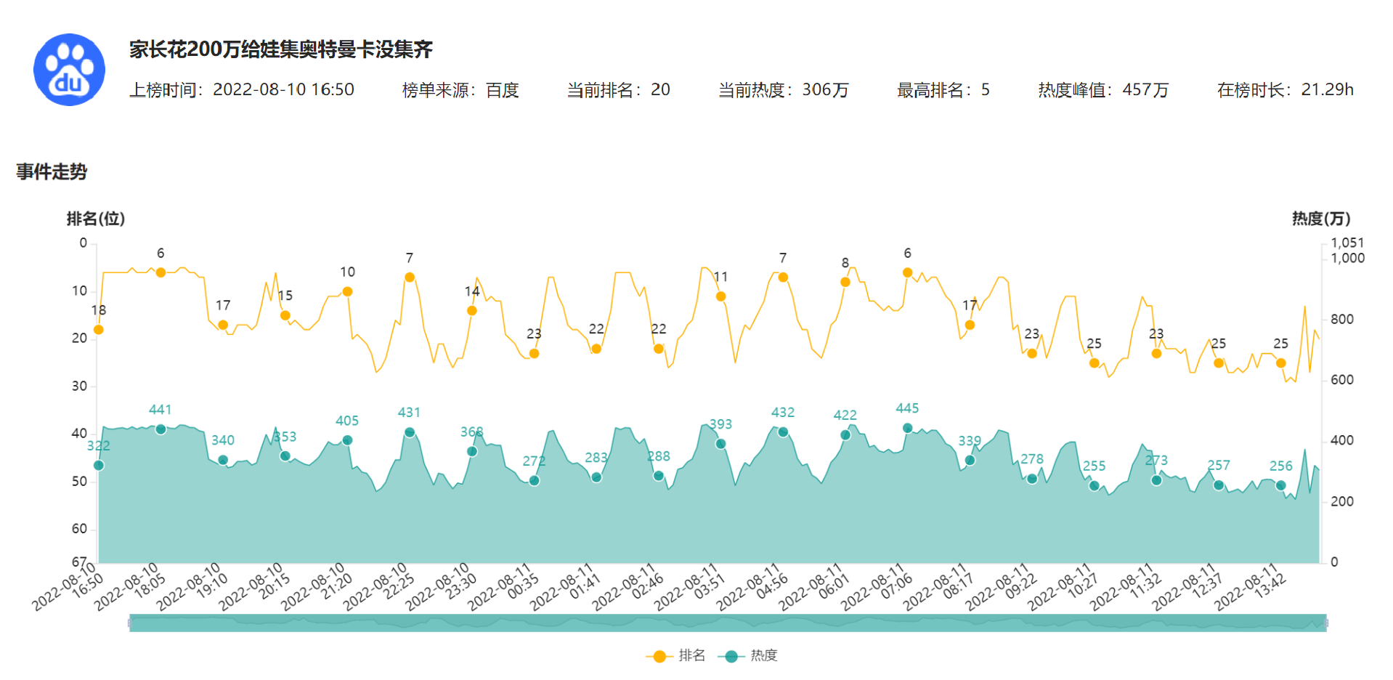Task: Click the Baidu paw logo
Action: [x=69, y=70]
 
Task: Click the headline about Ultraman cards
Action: [x=281, y=49]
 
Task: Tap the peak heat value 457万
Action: [x=1145, y=90]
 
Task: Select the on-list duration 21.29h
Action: [x=1327, y=90]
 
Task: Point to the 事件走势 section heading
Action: [x=52, y=171]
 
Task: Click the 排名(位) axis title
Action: [x=95, y=219]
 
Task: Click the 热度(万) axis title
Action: [x=1320, y=219]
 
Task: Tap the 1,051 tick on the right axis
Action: [x=1347, y=243]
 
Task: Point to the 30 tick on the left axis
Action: [x=79, y=386]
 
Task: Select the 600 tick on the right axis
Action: [x=1341, y=380]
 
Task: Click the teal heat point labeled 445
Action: [x=907, y=428]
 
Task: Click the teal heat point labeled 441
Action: [x=161, y=429]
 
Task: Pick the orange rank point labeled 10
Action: [x=347, y=291]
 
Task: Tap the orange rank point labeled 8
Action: [x=845, y=282]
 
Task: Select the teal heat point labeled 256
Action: [x=1280, y=485]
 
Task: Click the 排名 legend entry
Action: [x=675, y=656]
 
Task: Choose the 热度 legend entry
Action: [x=748, y=656]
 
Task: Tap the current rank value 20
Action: [x=660, y=90]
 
